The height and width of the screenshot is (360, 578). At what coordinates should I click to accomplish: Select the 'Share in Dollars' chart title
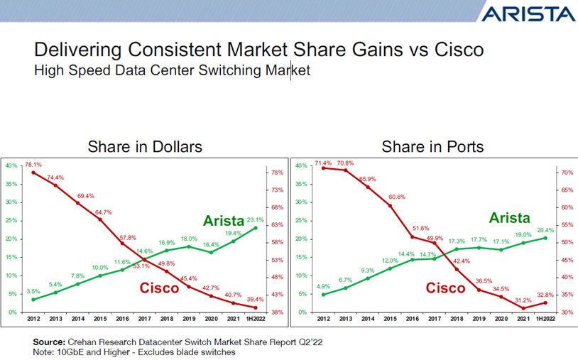pos(145,147)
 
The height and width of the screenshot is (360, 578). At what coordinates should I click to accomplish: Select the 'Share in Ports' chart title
pos(432,147)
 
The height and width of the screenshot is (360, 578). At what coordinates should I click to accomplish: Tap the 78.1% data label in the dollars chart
pos(33,165)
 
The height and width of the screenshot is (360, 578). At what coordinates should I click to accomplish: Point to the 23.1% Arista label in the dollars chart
pos(255,220)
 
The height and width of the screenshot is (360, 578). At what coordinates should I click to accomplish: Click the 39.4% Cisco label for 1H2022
pos(255,300)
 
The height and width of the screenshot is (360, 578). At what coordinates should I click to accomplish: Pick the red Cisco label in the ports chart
pos(445,288)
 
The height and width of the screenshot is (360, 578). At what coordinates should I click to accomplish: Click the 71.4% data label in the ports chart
pos(323,163)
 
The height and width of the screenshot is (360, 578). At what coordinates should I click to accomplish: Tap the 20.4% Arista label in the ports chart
pos(545,230)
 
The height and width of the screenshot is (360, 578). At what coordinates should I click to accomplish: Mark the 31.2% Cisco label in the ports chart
pos(523,300)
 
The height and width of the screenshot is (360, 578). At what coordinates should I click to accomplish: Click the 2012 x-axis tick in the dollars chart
pos(33,320)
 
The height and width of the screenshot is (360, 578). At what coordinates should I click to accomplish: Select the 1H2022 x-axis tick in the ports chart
pos(544,320)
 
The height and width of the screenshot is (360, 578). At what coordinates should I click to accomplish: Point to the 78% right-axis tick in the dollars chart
pos(278,173)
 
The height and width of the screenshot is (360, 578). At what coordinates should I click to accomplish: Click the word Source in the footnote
pos(49,342)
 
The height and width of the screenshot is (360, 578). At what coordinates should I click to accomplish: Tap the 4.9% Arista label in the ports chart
pos(323,287)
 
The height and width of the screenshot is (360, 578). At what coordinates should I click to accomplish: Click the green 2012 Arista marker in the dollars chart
pos(33,300)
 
